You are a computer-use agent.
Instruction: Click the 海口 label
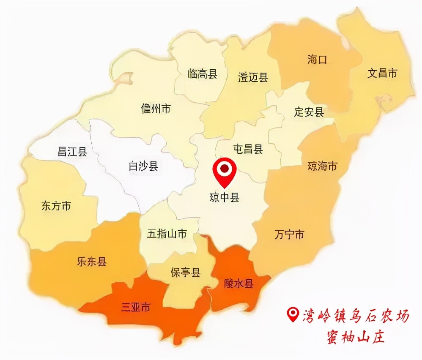(x=317, y=60)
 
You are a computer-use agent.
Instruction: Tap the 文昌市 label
(x=382, y=73)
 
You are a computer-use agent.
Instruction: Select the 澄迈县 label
(x=253, y=77)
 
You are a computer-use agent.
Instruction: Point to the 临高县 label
(x=202, y=74)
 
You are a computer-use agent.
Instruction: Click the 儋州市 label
(x=156, y=109)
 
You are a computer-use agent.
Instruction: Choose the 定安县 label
(x=309, y=112)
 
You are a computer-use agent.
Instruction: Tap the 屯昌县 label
(x=248, y=149)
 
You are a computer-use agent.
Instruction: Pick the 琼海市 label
(x=322, y=166)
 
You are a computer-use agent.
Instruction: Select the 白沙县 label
(x=143, y=166)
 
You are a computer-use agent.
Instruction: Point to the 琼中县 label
(x=224, y=197)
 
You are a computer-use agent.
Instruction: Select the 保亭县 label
(x=185, y=273)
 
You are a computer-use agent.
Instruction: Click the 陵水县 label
(x=238, y=284)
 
